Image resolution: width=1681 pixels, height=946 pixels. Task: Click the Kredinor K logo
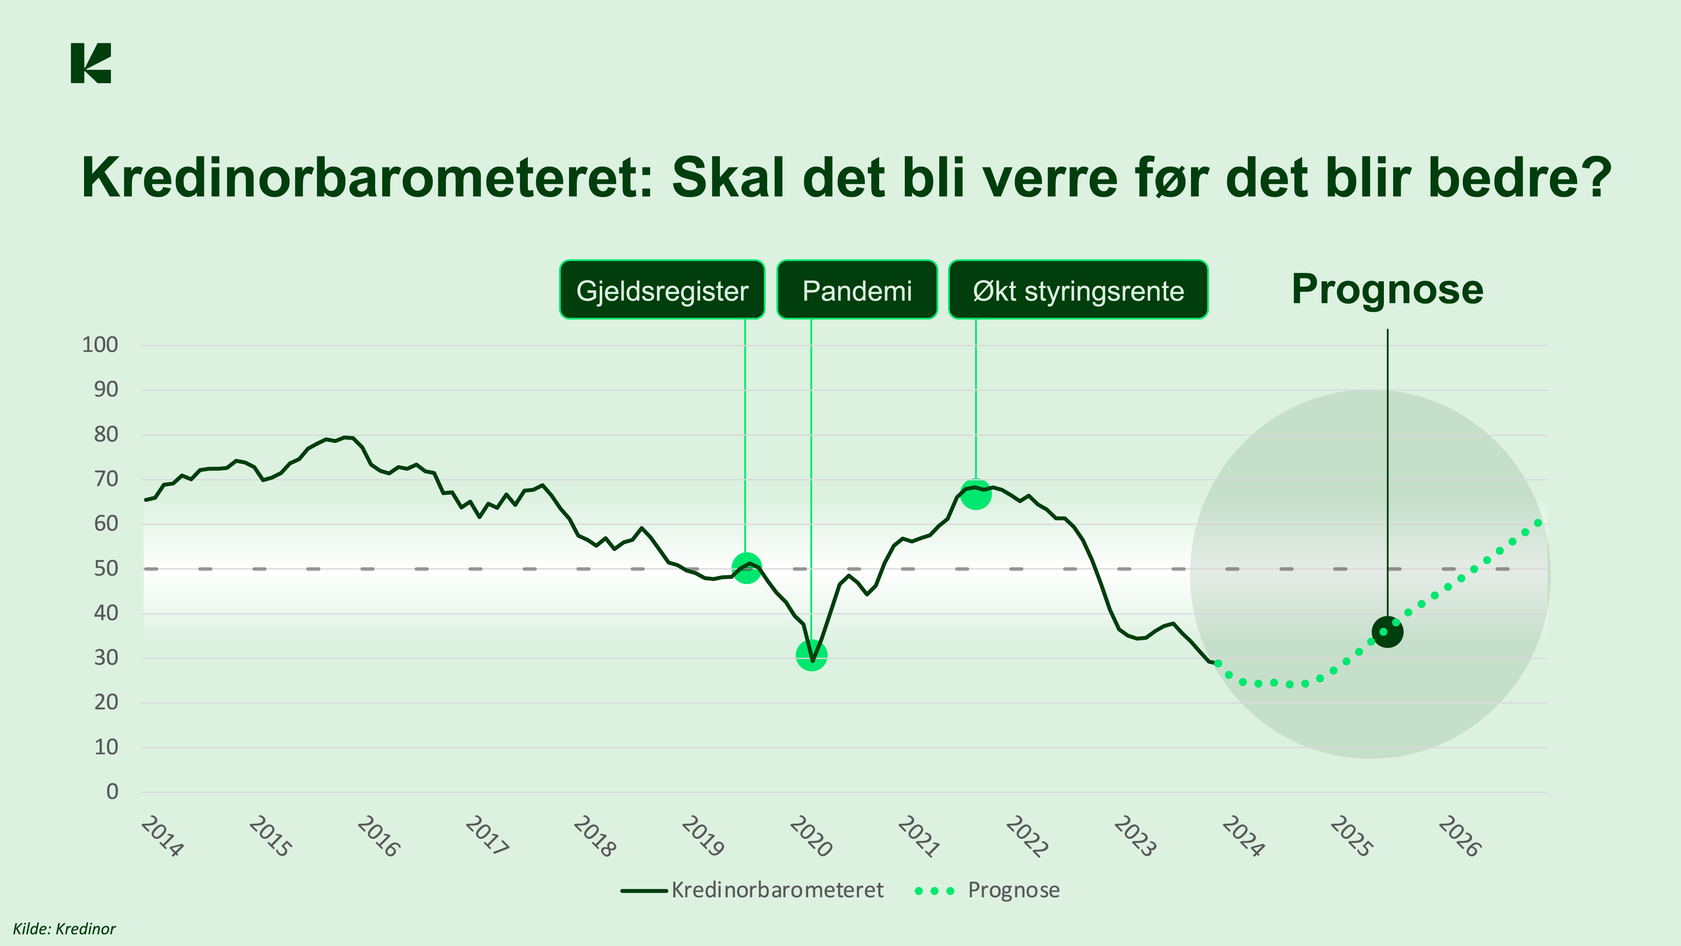coord(91,63)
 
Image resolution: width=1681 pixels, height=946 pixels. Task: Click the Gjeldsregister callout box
coord(662,290)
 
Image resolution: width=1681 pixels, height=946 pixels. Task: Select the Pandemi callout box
coord(857,290)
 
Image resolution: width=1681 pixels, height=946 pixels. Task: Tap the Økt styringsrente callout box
coord(1078,290)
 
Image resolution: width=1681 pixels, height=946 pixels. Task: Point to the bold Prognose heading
coord(1387,289)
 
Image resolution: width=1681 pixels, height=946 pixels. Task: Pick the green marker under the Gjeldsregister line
coord(746,567)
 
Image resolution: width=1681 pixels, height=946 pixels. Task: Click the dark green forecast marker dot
coord(1387,632)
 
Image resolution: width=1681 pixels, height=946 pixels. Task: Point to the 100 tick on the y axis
coord(100,345)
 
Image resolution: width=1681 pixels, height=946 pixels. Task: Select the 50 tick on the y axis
coord(106,568)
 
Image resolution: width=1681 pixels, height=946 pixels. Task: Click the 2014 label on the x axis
coord(162,836)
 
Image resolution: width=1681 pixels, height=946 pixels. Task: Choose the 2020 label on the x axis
coord(811,836)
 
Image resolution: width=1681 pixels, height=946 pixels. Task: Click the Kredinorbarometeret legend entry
coord(752,890)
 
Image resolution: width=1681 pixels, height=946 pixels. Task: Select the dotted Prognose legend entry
coord(987,890)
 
